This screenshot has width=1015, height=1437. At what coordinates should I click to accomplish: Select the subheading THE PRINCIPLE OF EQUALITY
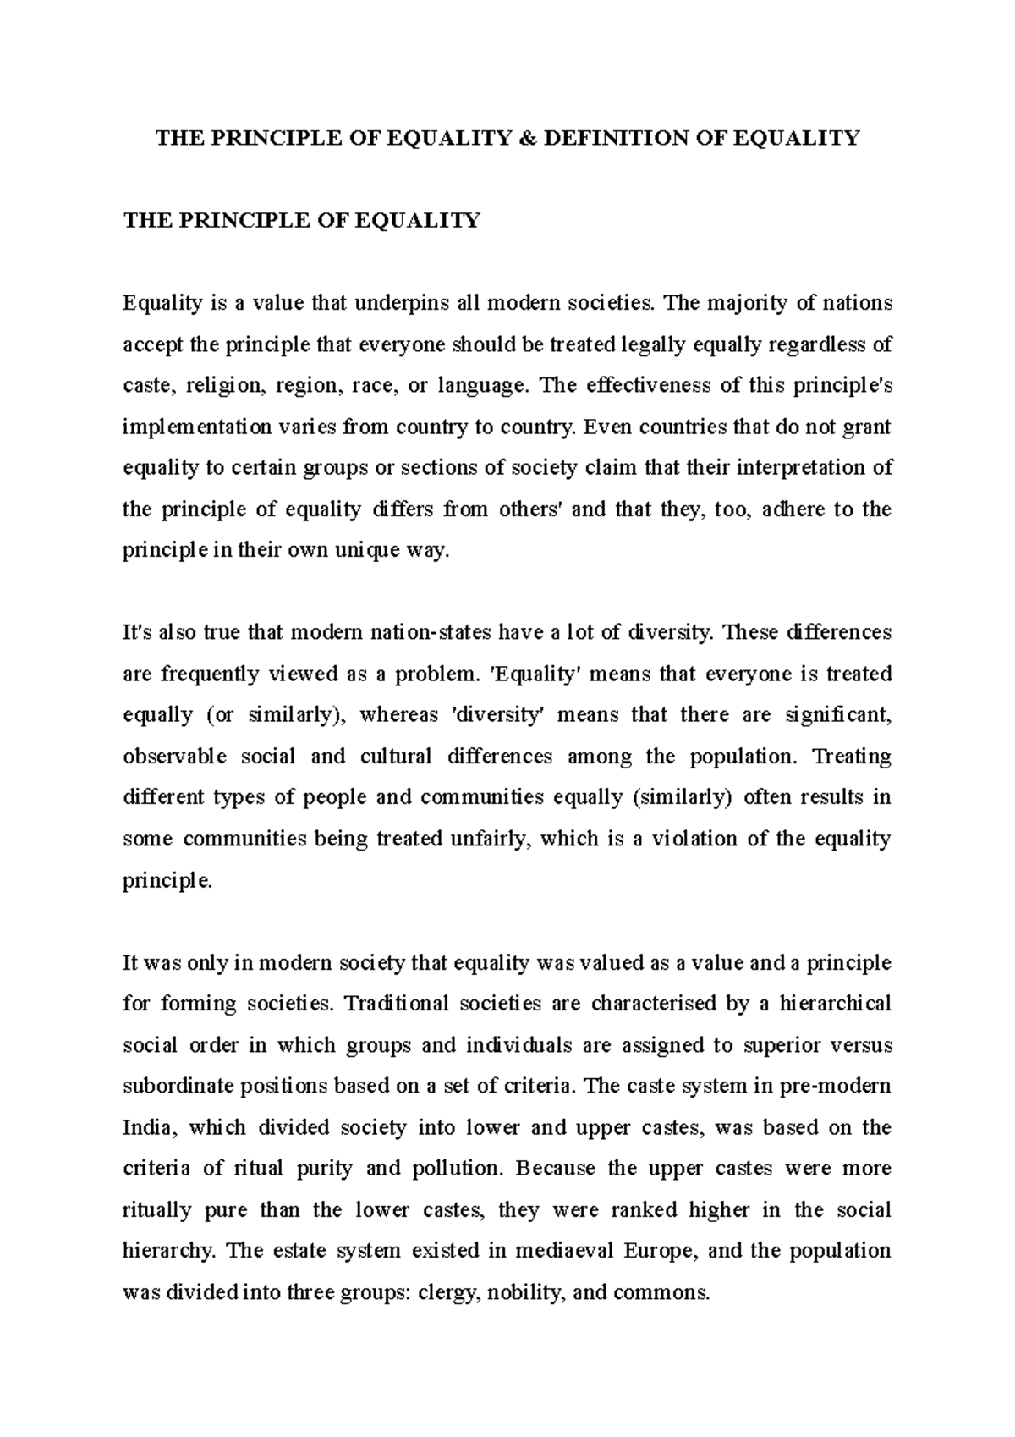click(x=301, y=221)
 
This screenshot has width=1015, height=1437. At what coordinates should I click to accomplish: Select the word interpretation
click(x=804, y=468)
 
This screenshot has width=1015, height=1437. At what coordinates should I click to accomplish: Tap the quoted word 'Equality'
click(x=526, y=674)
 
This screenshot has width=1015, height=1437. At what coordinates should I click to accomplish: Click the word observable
click(x=174, y=757)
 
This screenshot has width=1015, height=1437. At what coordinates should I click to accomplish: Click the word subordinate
click(x=173, y=1086)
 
